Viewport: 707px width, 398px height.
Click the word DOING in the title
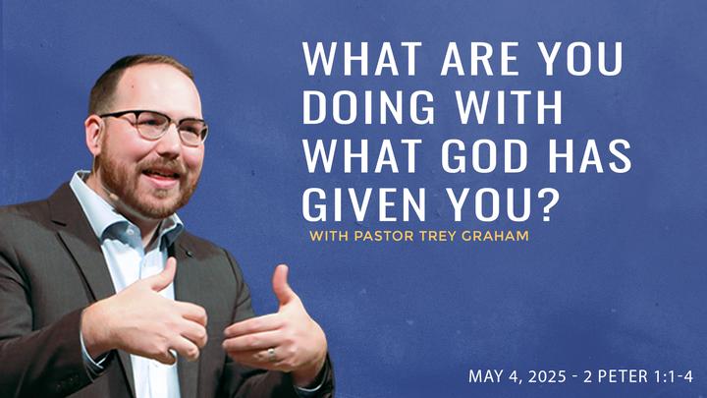click(369, 107)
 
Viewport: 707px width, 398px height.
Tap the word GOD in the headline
click(484, 156)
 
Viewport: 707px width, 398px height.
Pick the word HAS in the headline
click(589, 156)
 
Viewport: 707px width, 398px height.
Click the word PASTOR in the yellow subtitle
click(384, 236)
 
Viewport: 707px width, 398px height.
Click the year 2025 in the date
click(547, 376)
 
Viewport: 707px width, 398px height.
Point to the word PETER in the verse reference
click(622, 376)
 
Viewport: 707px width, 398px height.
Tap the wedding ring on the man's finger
click(271, 355)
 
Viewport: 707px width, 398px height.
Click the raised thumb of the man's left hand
click(282, 284)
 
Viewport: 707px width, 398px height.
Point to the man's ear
click(93, 137)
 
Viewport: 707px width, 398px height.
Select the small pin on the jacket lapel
click(190, 255)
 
